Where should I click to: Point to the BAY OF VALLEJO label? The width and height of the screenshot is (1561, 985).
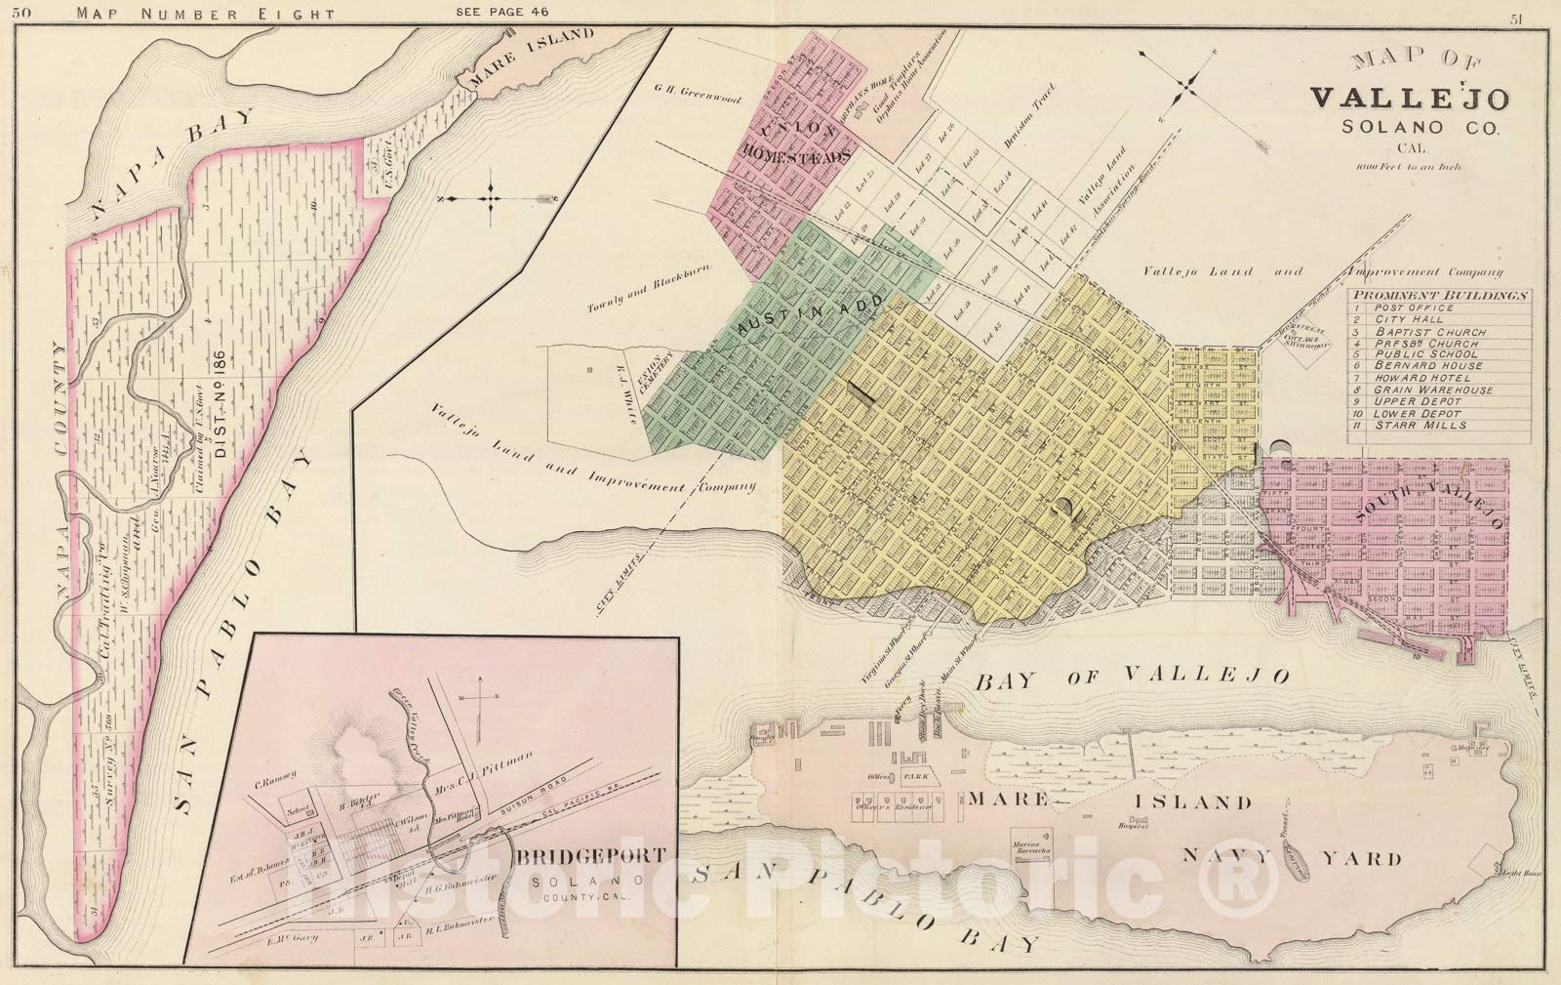click(1131, 675)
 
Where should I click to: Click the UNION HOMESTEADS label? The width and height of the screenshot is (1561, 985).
click(792, 143)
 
